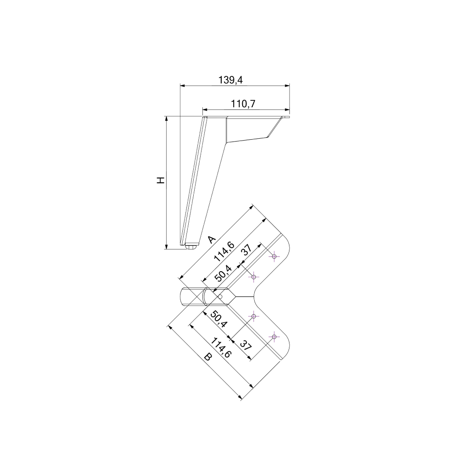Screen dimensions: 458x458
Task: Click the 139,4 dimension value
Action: click(231, 80)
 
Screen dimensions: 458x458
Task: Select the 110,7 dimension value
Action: click(243, 104)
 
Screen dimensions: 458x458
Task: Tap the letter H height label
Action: click(161, 180)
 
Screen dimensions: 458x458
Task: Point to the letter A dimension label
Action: click(211, 239)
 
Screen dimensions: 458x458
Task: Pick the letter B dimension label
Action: click(207, 357)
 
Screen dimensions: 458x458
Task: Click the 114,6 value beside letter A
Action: click(224, 252)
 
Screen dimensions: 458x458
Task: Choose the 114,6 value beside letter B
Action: click(221, 348)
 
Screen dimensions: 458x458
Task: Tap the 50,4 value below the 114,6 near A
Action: click(224, 273)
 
